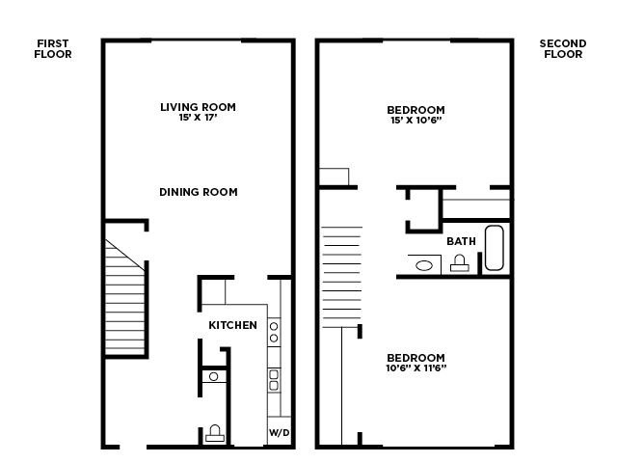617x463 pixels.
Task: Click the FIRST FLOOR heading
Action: pyautogui.click(x=54, y=49)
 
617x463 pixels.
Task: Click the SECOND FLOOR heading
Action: pyautogui.click(x=563, y=49)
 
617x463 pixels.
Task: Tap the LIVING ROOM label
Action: pyautogui.click(x=198, y=107)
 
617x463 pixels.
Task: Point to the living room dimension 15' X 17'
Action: pyautogui.click(x=198, y=118)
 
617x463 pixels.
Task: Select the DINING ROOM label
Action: pyautogui.click(x=198, y=192)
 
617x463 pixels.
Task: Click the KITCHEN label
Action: pyautogui.click(x=233, y=325)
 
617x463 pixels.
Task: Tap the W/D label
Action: pyautogui.click(x=279, y=431)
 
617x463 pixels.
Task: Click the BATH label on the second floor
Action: pyautogui.click(x=461, y=241)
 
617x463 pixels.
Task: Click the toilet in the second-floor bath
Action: pyautogui.click(x=460, y=262)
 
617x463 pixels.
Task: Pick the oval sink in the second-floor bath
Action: pyautogui.click(x=422, y=263)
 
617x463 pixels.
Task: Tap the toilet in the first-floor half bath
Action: pyautogui.click(x=215, y=433)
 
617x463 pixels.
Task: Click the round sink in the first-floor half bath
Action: pyautogui.click(x=213, y=376)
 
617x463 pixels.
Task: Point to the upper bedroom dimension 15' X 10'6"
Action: pyautogui.click(x=416, y=122)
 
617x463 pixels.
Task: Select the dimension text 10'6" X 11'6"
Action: pyautogui.click(x=416, y=368)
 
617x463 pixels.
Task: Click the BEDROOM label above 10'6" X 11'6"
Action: pyautogui.click(x=416, y=356)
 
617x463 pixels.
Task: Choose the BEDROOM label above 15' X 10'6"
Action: pyautogui.click(x=416, y=110)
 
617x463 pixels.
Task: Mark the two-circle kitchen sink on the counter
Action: pyautogui.click(x=274, y=332)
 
